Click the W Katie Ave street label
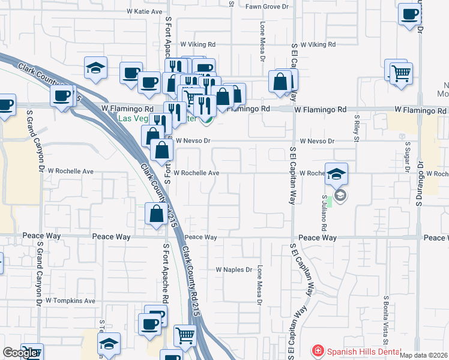[x=145, y=11]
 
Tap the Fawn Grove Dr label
[x=267, y=7]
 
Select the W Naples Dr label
[x=234, y=270]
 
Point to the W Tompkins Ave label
[x=70, y=301]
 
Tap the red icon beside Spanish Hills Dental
[x=316, y=350]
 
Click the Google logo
[x=20, y=352]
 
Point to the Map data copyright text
[x=424, y=355]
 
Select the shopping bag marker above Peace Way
[x=157, y=214]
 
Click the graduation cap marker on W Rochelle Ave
[x=337, y=174]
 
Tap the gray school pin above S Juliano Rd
[x=340, y=195]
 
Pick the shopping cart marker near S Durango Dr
[x=401, y=74]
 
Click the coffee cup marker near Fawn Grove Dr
[x=409, y=14]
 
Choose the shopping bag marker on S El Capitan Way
[x=280, y=82]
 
